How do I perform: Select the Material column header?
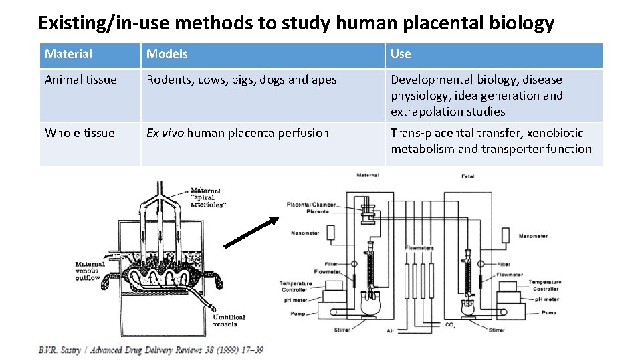[x=69, y=54]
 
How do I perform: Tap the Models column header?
[x=167, y=54]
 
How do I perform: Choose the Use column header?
[x=401, y=54]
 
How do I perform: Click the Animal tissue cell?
[x=81, y=80]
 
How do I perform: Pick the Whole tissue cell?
[x=80, y=133]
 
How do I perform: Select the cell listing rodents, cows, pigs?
[x=241, y=80]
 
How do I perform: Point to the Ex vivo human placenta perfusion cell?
[x=237, y=133]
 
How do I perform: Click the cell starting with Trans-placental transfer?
[x=491, y=141]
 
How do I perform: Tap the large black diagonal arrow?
[x=251, y=231]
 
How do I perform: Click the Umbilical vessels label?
[x=229, y=321]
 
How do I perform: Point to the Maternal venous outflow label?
[x=89, y=271]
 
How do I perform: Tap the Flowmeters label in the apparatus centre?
[x=419, y=248]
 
